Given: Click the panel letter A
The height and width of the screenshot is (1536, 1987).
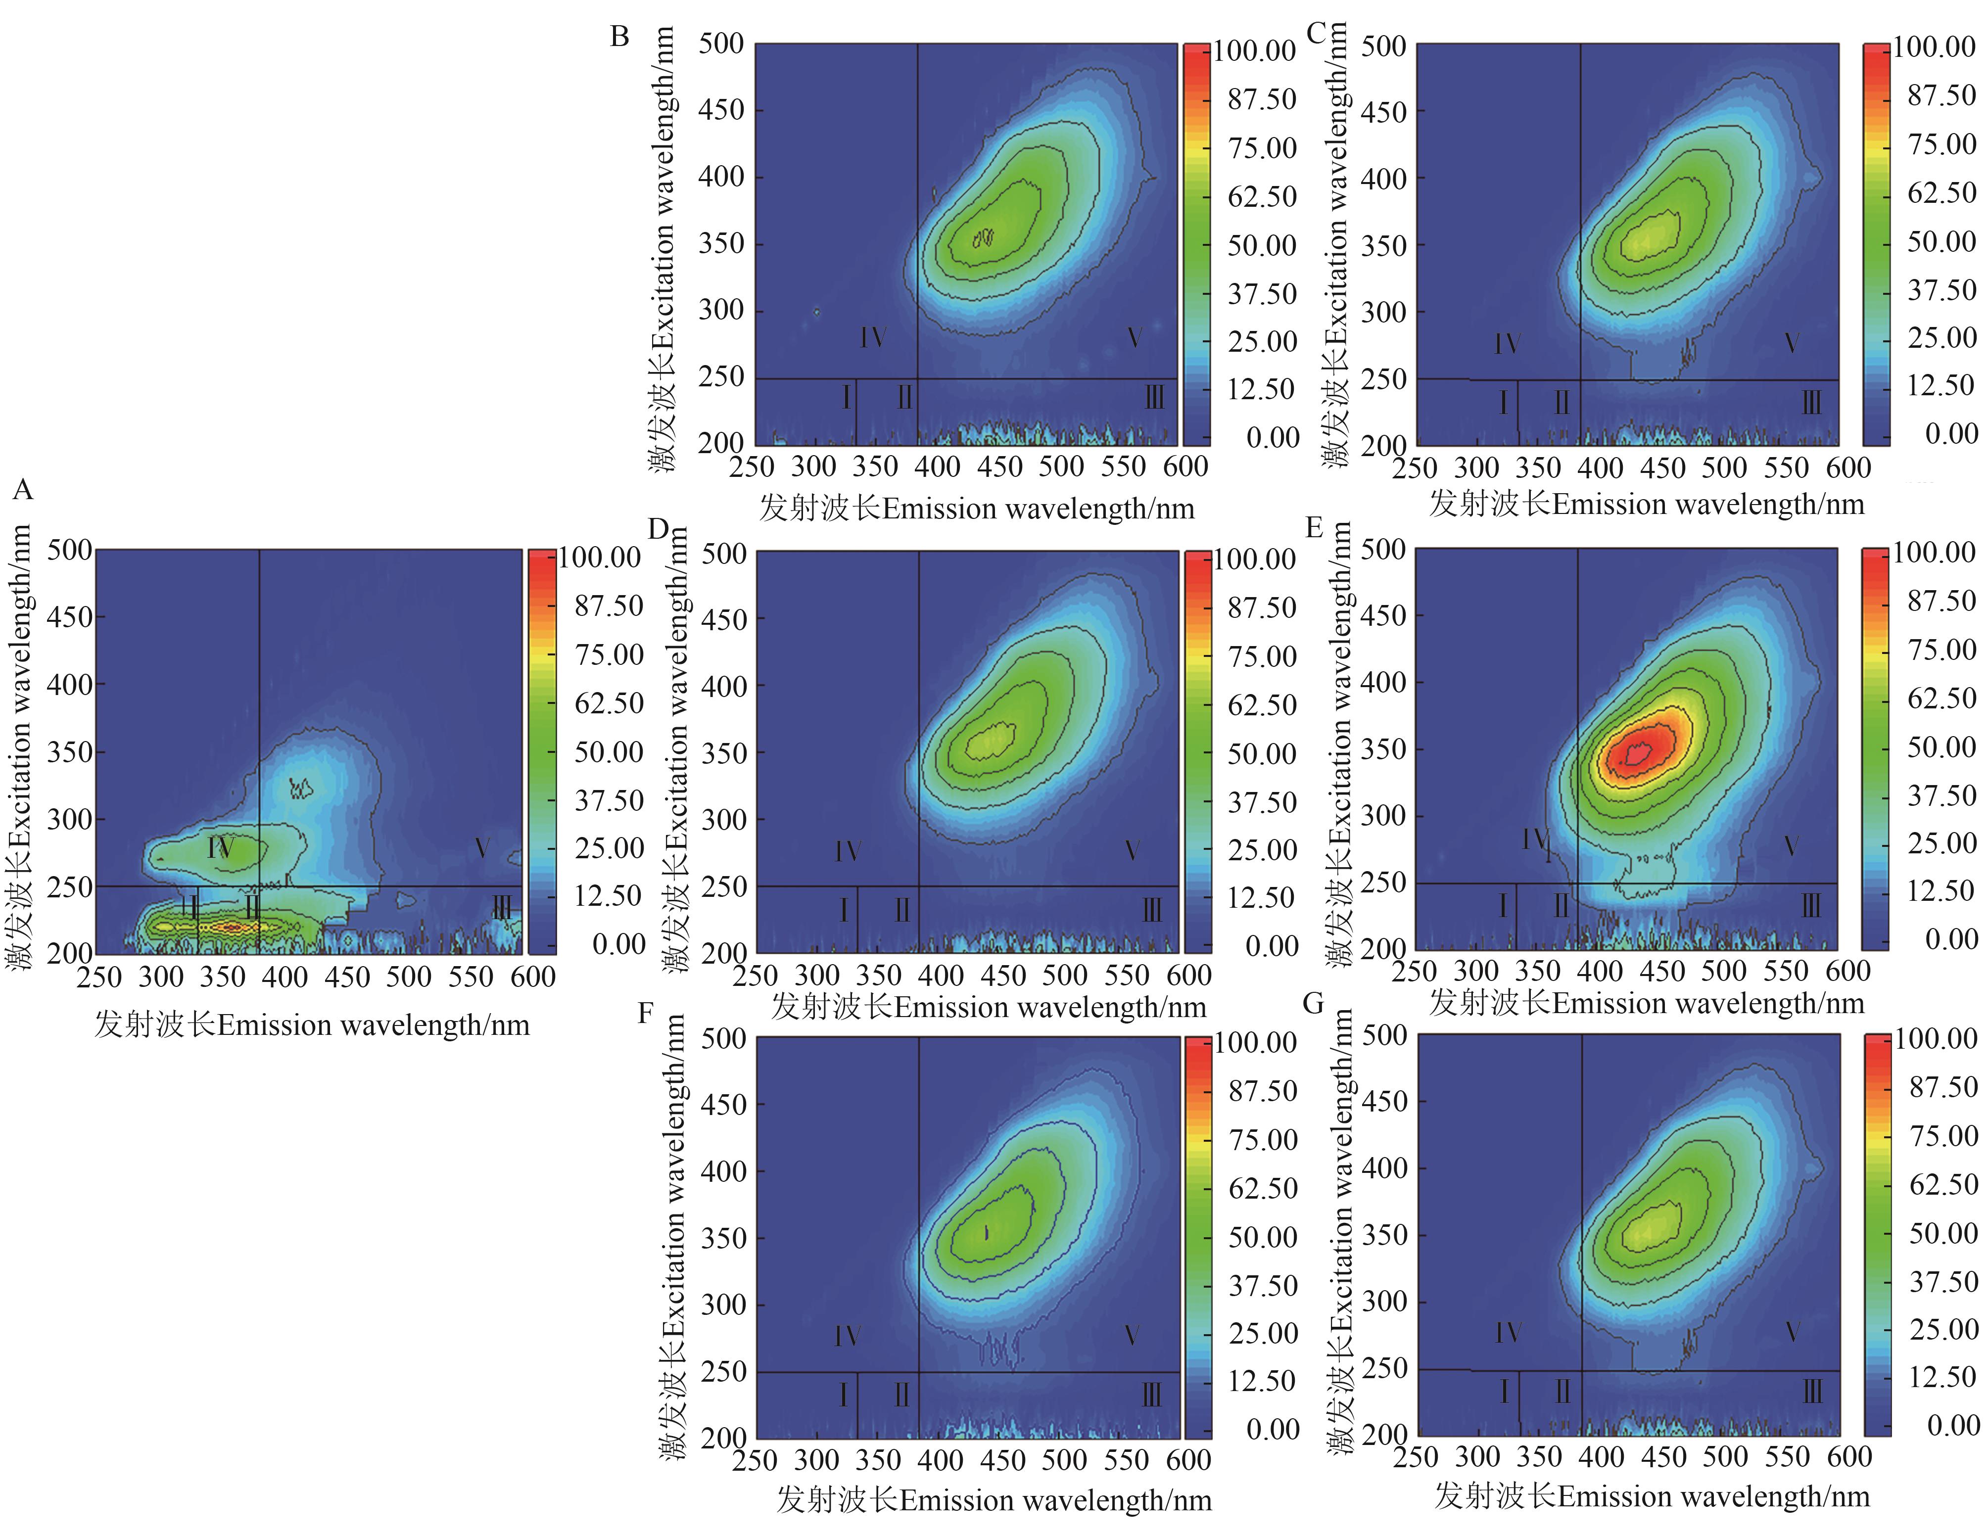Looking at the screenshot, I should pyautogui.click(x=23, y=491).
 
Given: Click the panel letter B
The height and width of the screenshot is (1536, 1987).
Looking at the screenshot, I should pyautogui.click(x=619, y=37).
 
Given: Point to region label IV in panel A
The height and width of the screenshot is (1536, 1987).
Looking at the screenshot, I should pyautogui.click(x=220, y=848).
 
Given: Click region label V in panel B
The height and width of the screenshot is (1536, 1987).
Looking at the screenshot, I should pyautogui.click(x=1134, y=338).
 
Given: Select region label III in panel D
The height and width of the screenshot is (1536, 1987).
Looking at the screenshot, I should pyautogui.click(x=1152, y=910).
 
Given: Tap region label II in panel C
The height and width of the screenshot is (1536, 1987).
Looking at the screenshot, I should pyautogui.click(x=1561, y=402).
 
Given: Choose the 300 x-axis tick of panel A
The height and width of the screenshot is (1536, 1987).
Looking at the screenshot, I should pyautogui.click(x=161, y=977).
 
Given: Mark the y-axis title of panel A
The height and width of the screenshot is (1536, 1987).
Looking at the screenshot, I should pyautogui.click(x=19, y=747).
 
